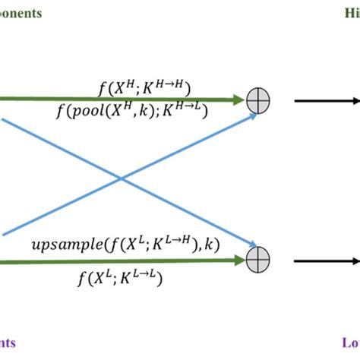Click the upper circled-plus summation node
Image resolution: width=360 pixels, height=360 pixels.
pos(259,99)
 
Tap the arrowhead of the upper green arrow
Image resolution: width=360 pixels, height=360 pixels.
pos(238,99)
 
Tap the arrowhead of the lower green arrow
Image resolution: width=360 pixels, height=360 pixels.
pos(238,261)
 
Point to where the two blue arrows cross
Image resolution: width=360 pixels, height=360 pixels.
pos(121,179)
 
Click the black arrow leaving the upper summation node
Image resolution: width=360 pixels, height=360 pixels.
pos(327,99)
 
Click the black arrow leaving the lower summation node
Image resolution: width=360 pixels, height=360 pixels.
pos(327,261)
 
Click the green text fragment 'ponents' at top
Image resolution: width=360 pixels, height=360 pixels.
pos(21,13)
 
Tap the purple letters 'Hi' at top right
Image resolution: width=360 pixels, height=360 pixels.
pos(352,13)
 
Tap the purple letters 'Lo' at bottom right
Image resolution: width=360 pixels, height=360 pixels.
pos(351,344)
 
